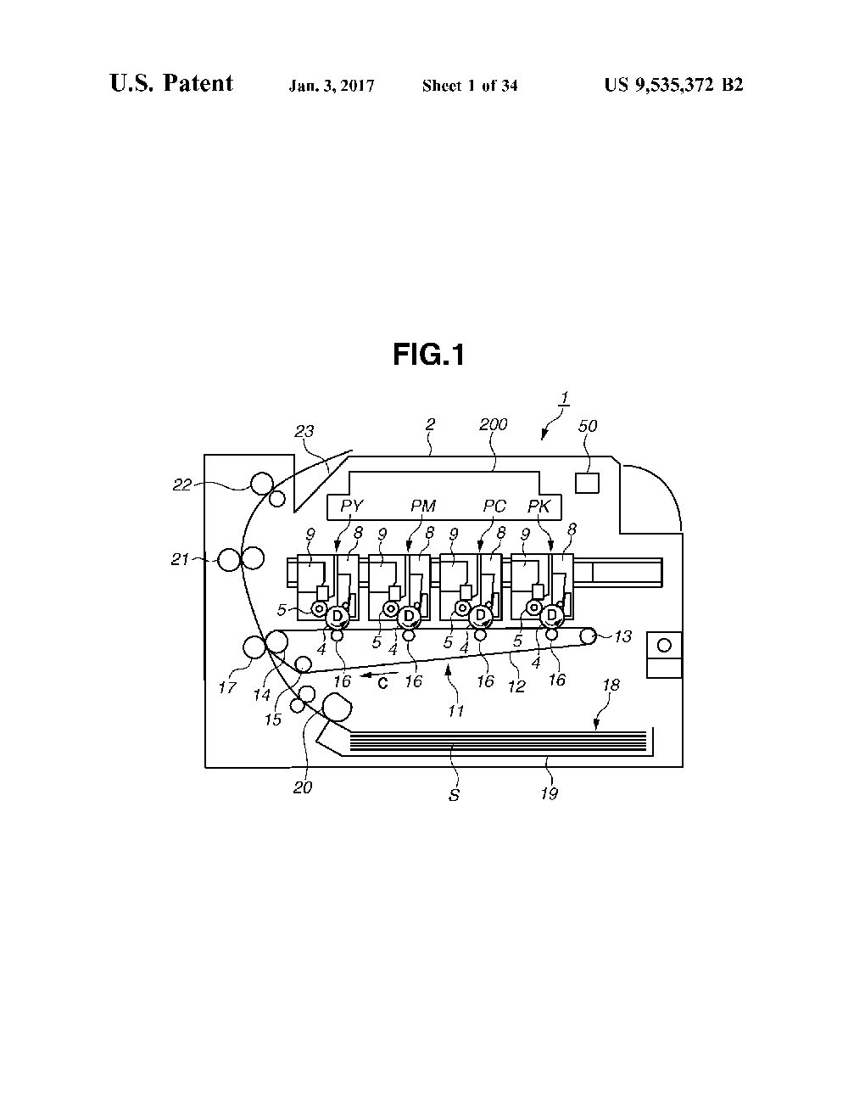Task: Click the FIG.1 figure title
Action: (x=428, y=356)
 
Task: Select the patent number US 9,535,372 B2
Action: (x=673, y=85)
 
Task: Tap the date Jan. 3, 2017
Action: (x=332, y=86)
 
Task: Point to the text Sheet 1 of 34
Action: (x=470, y=86)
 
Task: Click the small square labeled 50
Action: (x=587, y=483)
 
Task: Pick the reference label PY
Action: (x=351, y=507)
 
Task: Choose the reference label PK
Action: (x=539, y=507)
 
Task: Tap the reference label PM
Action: (x=423, y=507)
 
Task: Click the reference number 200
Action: (x=493, y=425)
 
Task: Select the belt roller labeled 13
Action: (x=589, y=636)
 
